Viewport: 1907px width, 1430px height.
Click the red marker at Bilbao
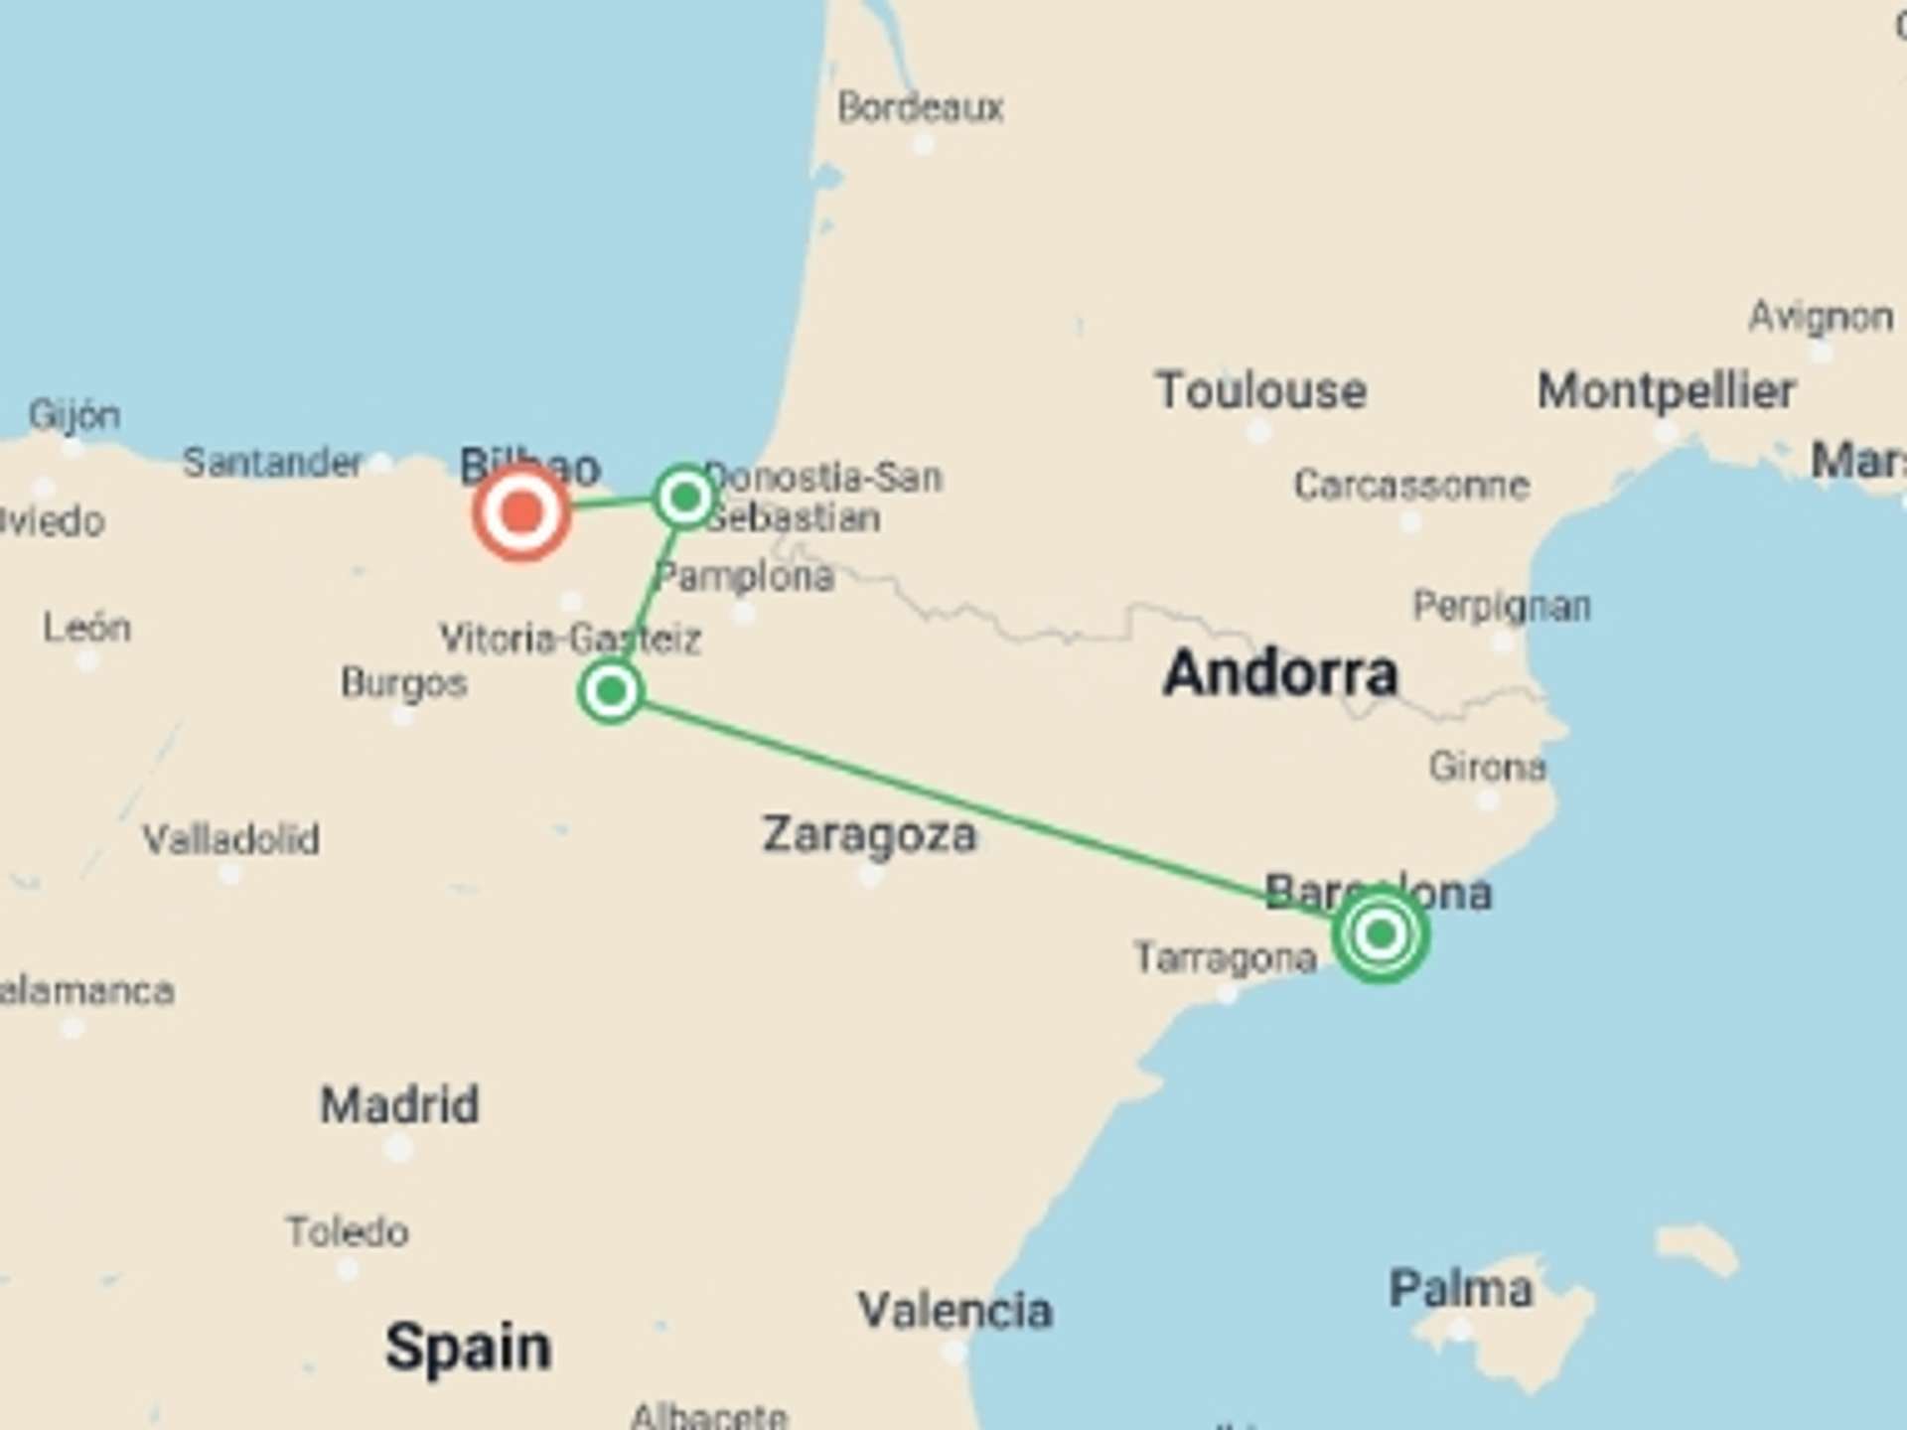tap(521, 513)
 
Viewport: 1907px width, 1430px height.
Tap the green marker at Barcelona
tap(1380, 933)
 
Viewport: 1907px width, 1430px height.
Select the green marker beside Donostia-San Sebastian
tap(684, 496)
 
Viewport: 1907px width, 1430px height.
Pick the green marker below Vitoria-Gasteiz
tap(610, 690)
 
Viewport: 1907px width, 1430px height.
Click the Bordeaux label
tap(920, 107)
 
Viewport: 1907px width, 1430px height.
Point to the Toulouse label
tap(1260, 390)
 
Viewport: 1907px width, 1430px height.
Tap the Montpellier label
tap(1666, 390)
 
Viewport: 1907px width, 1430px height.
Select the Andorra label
tap(1280, 673)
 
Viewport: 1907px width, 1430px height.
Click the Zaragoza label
tap(869, 834)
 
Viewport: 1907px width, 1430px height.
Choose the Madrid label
tap(399, 1104)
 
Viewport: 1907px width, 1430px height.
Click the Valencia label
tap(954, 1310)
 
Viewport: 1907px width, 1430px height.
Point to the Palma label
tap(1460, 1289)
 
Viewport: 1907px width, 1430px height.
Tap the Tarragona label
tap(1225, 958)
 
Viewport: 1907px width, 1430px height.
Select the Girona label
tap(1487, 767)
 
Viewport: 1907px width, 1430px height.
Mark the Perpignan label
tap(1502, 606)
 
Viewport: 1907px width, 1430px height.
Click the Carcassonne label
tap(1410, 486)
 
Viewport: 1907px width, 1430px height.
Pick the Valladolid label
tap(230, 840)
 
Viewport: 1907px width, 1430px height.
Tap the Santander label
tap(272, 463)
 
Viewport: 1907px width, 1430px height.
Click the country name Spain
tap(468, 1348)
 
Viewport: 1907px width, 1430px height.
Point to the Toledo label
tap(348, 1232)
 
